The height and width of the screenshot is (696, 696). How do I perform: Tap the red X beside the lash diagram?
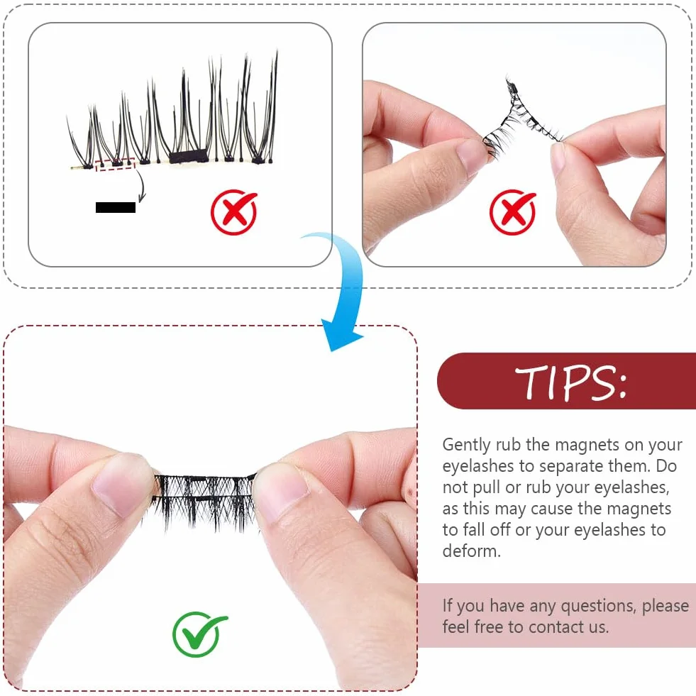pyautogui.click(x=234, y=212)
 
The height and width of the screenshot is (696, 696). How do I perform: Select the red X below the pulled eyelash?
pyautogui.click(x=513, y=212)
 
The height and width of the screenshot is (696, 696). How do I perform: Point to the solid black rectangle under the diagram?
pyautogui.click(x=116, y=207)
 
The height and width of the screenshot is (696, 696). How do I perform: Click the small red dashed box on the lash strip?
pyautogui.click(x=115, y=164)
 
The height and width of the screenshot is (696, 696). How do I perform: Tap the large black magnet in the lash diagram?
pyautogui.click(x=189, y=156)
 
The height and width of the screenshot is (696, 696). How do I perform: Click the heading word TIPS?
pyautogui.click(x=571, y=382)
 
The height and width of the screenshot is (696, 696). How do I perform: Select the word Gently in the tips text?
pyautogui.click(x=467, y=445)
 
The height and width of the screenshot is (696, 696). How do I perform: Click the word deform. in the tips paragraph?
pyautogui.click(x=471, y=551)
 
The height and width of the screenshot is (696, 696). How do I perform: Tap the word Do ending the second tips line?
pyautogui.click(x=666, y=465)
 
